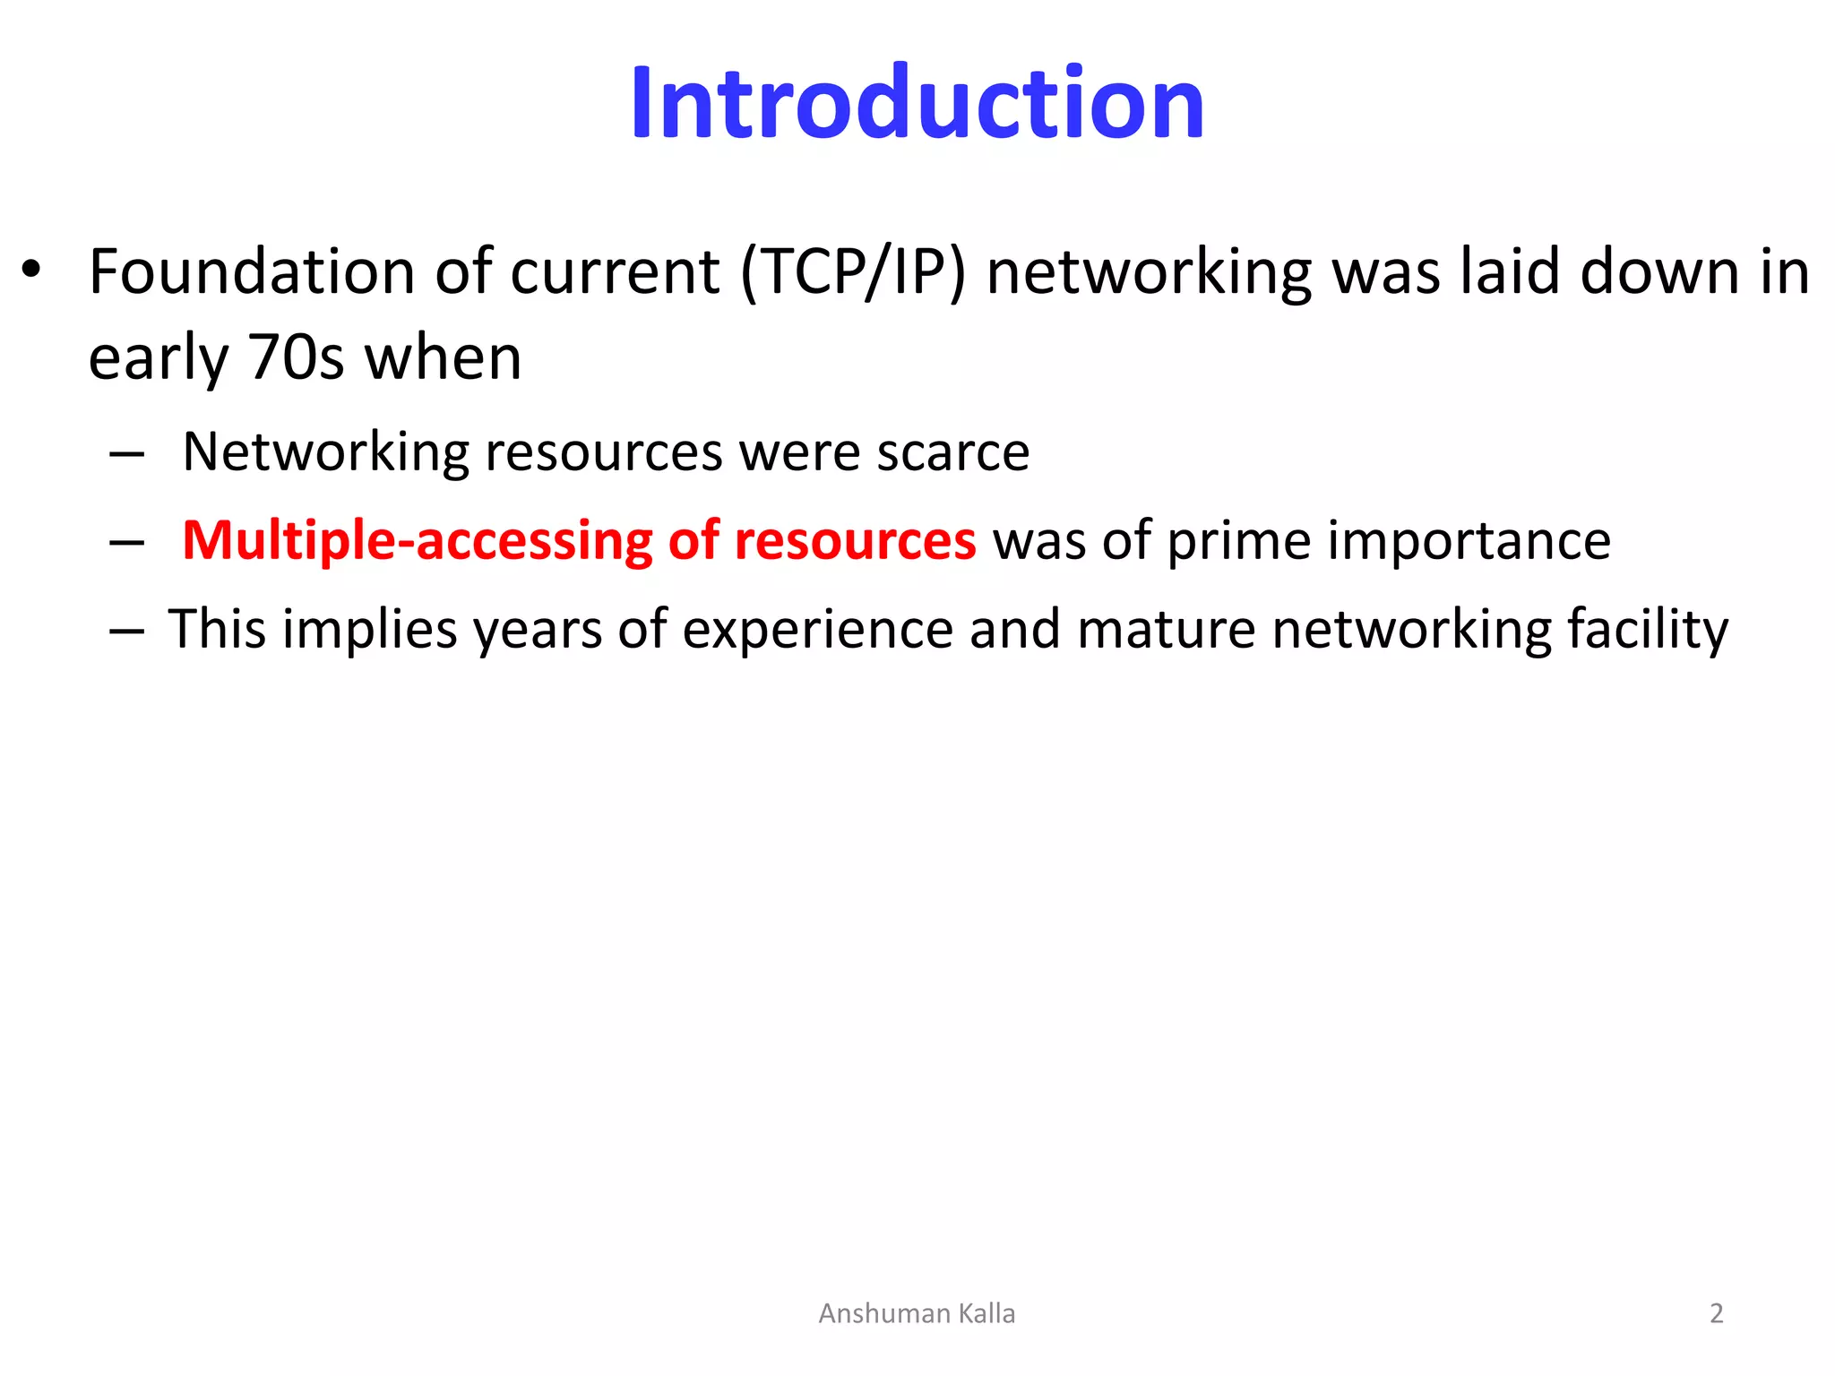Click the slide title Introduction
click(x=917, y=104)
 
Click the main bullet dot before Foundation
click(x=32, y=271)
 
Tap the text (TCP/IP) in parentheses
click(x=853, y=271)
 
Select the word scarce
click(x=952, y=452)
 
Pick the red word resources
click(x=855, y=542)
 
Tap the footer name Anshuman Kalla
click(x=917, y=1313)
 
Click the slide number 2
click(x=1716, y=1313)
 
